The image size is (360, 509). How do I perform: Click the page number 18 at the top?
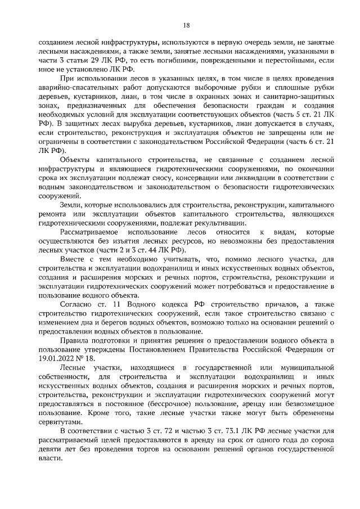pos(187,25)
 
